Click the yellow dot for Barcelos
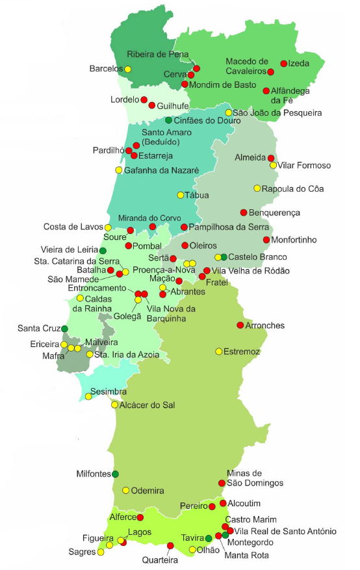127,69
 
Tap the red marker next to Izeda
283,64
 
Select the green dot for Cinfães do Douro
168,120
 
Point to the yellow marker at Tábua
180,195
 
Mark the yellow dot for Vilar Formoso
273,165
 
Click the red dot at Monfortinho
266,240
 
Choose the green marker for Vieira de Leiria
103,251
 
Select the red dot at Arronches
240,325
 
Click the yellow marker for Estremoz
218,352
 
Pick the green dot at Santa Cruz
64,329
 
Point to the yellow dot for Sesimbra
88,396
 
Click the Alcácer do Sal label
148,405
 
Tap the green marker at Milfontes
115,474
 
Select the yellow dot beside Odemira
125,490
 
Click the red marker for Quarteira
170,545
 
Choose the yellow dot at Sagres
101,552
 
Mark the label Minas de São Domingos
255,478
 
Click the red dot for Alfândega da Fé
266,91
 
